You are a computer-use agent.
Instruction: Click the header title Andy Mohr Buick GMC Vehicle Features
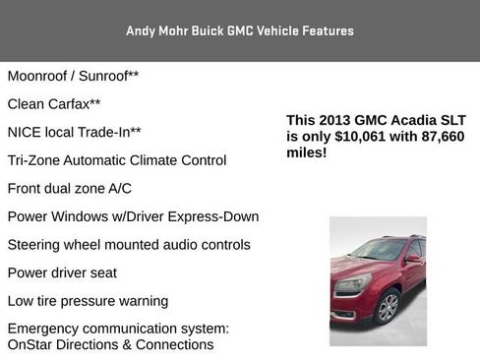point(239,31)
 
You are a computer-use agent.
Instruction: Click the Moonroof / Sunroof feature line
point(73,76)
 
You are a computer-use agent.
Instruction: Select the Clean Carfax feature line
point(54,103)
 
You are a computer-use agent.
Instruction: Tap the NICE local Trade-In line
point(74,132)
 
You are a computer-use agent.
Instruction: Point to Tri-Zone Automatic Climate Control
point(116,160)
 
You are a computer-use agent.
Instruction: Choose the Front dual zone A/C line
point(69,189)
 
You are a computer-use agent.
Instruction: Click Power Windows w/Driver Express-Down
point(133,216)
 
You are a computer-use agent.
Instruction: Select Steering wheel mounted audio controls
point(129,245)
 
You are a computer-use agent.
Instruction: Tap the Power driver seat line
point(62,272)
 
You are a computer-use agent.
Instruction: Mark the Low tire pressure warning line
point(88,301)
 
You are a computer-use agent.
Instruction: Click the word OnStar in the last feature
point(30,345)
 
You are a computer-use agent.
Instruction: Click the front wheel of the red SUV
point(388,307)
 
